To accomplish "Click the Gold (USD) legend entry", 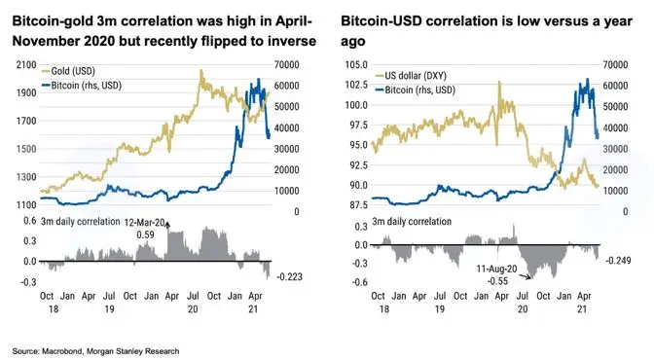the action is pos(68,71).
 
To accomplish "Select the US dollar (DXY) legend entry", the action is pos(411,76).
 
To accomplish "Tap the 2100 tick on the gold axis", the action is pos(26,64).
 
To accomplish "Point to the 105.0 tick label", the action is pos(356,64).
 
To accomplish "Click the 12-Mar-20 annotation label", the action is pos(144,223).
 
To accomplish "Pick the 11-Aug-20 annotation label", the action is pos(496,270).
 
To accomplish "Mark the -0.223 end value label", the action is pos(289,277).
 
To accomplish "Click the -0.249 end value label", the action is pos(618,261).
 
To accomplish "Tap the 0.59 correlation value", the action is pos(145,235).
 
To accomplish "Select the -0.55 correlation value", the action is pos(497,281).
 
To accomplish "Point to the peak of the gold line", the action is pos(201,70).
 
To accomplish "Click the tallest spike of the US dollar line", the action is pos(499,82).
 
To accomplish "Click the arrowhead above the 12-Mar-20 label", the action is pos(167,225).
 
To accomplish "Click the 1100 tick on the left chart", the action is pos(26,205).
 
